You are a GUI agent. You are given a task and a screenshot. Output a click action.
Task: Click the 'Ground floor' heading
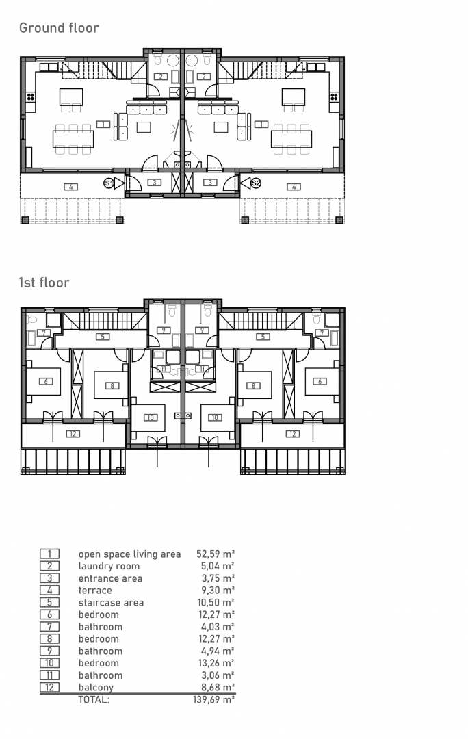point(59,28)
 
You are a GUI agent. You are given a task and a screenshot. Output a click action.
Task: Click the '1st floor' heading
point(44,283)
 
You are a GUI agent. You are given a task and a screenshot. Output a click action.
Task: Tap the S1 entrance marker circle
point(109,183)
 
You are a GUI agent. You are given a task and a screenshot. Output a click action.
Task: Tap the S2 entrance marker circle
point(256,183)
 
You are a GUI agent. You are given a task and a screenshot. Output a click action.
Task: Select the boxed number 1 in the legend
point(49,554)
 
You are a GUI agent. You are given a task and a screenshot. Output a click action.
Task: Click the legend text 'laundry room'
point(109,567)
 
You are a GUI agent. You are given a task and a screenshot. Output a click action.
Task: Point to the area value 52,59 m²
point(216,554)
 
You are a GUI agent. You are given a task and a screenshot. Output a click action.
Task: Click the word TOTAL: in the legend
point(94,700)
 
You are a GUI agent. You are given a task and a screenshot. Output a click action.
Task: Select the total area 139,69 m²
point(213,700)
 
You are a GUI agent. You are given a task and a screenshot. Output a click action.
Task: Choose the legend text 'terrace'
point(95,591)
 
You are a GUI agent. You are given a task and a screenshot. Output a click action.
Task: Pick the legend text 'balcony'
point(96,688)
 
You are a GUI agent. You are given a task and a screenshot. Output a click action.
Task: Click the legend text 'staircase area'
point(111,603)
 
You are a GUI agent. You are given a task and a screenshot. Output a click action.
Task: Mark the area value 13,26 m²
point(216,663)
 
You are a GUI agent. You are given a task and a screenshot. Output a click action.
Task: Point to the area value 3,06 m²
point(218,675)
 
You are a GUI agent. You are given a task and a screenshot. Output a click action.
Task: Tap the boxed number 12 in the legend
point(49,687)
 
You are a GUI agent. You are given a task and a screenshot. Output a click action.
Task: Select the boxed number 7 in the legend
point(49,627)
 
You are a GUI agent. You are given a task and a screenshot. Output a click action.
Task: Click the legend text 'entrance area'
point(110,578)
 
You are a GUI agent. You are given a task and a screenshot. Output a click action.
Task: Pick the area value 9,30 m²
point(218,591)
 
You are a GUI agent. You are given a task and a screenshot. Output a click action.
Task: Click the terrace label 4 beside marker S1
point(70,187)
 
